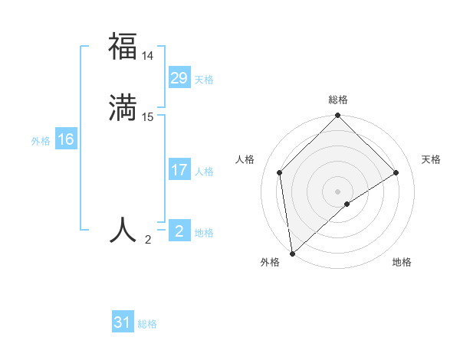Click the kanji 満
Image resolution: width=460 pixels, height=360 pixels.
pos(123,107)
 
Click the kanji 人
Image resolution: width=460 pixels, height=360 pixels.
pos(123,230)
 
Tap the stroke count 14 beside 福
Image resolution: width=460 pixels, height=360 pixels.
pos(148,56)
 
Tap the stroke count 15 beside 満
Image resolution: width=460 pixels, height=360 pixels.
pos(148,117)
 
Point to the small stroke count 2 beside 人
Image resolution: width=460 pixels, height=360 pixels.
pos(148,240)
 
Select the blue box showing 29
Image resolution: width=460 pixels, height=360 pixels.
pos(179,78)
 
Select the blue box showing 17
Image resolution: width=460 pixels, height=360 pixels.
pos(179,170)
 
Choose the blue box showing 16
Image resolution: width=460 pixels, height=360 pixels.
pos(65,139)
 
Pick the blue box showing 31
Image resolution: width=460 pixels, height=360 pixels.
pos(123,322)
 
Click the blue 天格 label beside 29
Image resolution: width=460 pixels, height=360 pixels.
pos(204,80)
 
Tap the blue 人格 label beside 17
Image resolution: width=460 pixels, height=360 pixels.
pos(204,172)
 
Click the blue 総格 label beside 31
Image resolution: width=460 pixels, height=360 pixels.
pos(147,324)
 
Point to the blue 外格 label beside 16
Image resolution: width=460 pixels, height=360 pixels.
pos(41,141)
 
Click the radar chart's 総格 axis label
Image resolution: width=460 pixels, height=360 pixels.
pos(338,100)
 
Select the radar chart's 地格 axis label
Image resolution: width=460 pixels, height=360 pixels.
pos(402,262)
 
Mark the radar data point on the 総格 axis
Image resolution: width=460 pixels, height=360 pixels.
pos(338,116)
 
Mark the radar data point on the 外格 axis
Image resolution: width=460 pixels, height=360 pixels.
pos(292,254)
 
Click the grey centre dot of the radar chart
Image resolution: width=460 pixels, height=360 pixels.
pos(338,191)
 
